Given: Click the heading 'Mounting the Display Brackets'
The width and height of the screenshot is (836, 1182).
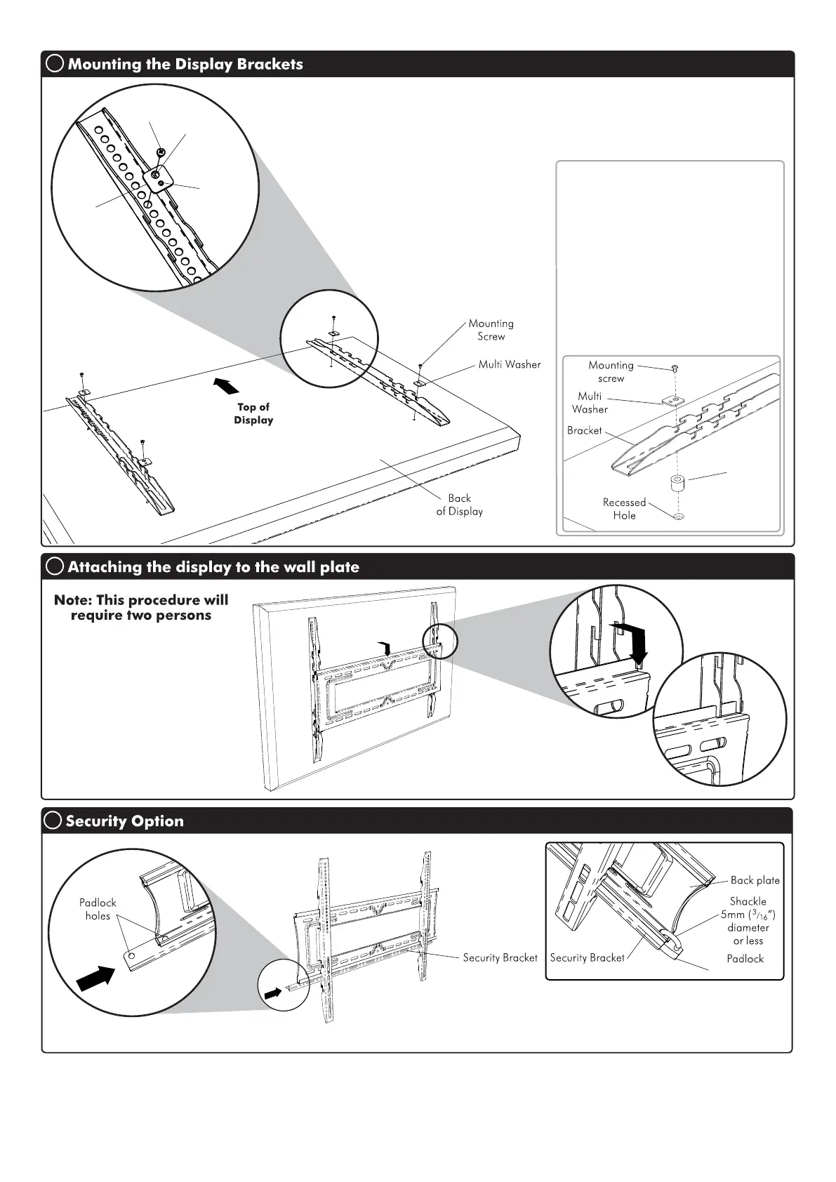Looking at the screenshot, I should pyautogui.click(x=185, y=64).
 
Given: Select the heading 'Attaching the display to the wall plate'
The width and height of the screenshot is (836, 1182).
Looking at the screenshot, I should pyautogui.click(x=213, y=567).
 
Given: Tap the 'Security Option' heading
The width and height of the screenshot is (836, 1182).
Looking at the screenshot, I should pyautogui.click(x=124, y=821).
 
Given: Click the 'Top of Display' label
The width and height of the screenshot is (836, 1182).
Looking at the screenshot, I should pyautogui.click(x=253, y=413).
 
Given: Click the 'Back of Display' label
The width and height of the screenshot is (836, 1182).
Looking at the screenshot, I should pyautogui.click(x=460, y=505).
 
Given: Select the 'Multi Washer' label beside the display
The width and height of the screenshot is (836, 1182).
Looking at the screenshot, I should pyautogui.click(x=510, y=364).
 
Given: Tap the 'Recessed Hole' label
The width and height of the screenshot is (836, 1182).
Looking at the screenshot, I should pyautogui.click(x=624, y=509).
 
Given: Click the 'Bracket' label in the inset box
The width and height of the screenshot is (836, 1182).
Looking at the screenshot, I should pyautogui.click(x=585, y=430).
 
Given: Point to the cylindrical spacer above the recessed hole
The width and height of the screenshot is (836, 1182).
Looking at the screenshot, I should pyautogui.click(x=677, y=485).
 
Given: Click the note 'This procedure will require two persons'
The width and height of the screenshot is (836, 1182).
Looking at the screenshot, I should pyautogui.click(x=141, y=608).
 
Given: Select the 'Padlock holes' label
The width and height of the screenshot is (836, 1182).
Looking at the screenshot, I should pyautogui.click(x=98, y=909).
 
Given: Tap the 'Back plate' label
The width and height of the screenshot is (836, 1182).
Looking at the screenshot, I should pyautogui.click(x=755, y=880).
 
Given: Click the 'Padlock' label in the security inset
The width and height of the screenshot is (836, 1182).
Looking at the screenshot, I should pyautogui.click(x=745, y=959).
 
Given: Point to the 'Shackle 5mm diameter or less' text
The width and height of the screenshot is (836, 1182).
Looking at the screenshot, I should pyautogui.click(x=748, y=921).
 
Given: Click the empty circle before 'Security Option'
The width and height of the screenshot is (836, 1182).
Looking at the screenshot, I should pyautogui.click(x=53, y=821).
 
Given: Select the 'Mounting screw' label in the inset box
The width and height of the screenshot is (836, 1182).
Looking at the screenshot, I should pyautogui.click(x=611, y=371).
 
